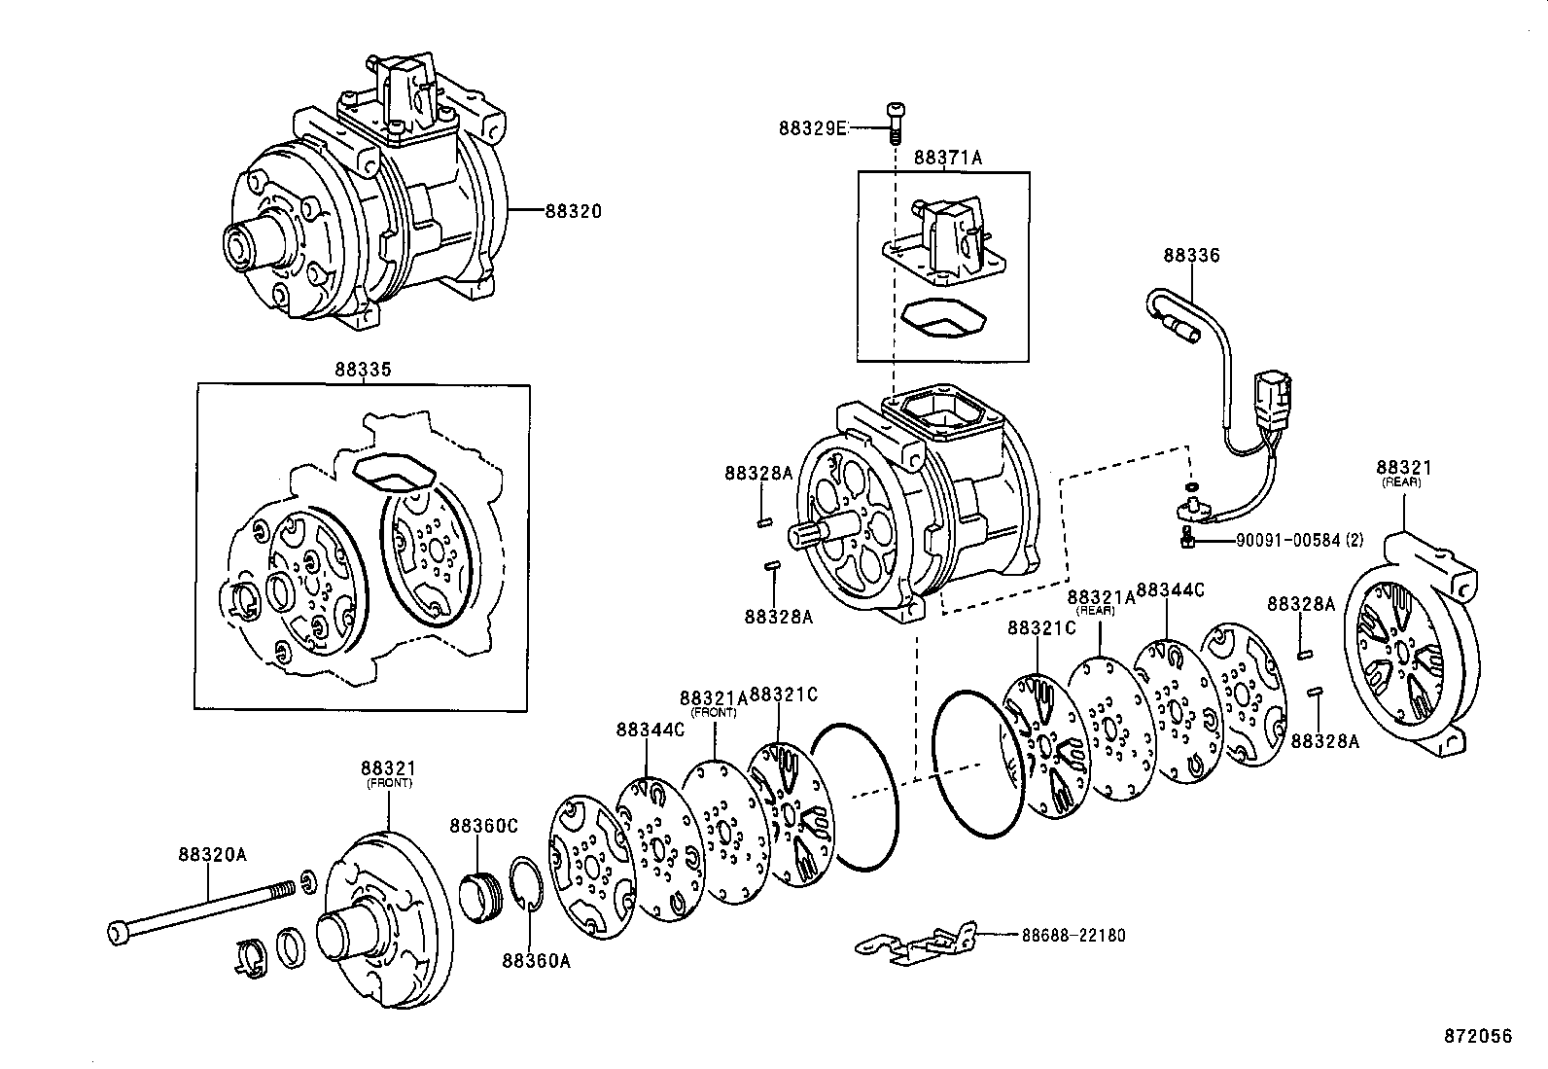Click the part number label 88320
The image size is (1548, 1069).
click(x=573, y=210)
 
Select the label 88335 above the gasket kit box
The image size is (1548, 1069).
click(x=364, y=371)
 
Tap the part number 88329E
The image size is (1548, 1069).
click(x=813, y=127)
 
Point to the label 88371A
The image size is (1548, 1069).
click(x=947, y=157)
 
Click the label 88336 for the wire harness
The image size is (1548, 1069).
click(x=1191, y=256)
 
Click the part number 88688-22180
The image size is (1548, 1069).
click(x=1073, y=935)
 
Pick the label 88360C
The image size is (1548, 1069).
click(x=483, y=826)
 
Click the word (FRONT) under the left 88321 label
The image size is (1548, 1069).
click(x=389, y=783)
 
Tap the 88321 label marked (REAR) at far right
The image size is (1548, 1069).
click(x=1404, y=467)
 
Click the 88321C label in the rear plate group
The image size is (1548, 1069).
click(x=1040, y=628)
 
